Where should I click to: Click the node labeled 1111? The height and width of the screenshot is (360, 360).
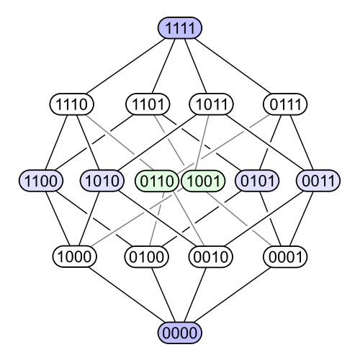point(180,28)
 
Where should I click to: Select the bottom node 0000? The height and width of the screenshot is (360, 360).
point(180,333)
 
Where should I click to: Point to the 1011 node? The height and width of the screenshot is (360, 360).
point(211,104)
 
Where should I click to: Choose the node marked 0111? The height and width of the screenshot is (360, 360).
point(286,104)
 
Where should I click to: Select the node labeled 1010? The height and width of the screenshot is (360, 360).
point(102,181)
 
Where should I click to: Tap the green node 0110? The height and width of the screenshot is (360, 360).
point(156,181)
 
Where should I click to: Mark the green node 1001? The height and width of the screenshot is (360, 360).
point(202,181)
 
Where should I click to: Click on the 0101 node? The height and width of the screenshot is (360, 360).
point(258,181)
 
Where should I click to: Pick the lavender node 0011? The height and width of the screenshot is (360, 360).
point(318,181)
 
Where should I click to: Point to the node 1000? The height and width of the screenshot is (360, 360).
point(73,256)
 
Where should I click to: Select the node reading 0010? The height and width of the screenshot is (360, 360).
point(211,256)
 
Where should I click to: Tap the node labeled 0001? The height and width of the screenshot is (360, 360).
point(286,256)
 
